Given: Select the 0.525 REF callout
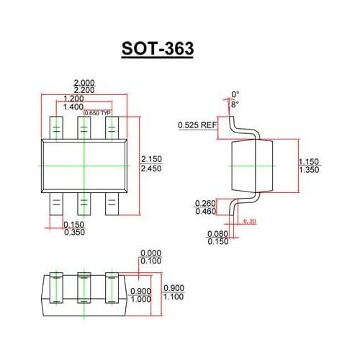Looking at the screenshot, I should [197, 125].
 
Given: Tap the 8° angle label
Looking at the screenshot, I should [234, 104].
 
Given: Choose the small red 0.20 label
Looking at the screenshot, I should [250, 220].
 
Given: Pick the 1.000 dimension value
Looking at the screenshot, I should [140, 298].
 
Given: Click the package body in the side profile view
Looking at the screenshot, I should [253, 165].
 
